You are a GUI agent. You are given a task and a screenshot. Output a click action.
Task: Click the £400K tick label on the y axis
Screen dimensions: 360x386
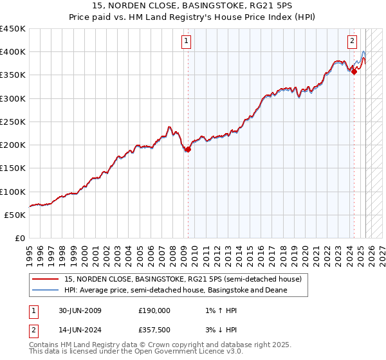coord(13,52)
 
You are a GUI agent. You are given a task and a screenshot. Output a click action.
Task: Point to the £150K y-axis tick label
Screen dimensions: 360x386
coord(13,168)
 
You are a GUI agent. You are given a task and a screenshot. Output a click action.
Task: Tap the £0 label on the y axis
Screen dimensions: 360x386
coord(20,238)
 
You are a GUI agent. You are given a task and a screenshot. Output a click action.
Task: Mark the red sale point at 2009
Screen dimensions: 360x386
coord(188,150)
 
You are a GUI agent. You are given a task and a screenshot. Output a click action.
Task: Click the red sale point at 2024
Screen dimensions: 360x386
coord(354,72)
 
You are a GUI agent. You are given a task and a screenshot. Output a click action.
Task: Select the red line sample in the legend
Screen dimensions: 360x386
coord(46,279)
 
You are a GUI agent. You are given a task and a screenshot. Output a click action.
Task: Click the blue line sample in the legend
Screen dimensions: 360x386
coord(46,290)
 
